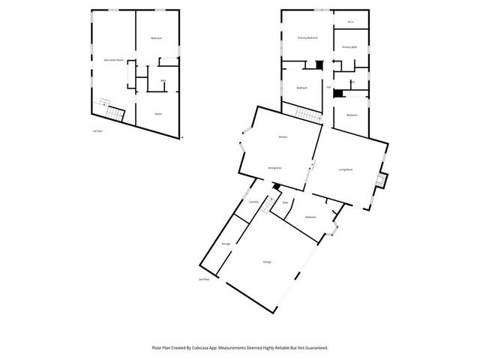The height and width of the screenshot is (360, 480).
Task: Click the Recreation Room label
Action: coord(113,58)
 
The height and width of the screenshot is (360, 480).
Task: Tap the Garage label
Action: coord(267,262)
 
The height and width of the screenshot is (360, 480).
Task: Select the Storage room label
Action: coord(226,244)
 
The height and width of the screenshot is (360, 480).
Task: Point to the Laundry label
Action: coord(253,202)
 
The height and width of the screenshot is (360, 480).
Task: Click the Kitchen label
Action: coord(283,137)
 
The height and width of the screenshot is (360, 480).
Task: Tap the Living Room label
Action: coord(346,169)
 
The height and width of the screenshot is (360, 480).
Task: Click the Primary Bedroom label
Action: coord(307,37)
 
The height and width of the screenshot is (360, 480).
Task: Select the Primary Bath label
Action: coord(349,47)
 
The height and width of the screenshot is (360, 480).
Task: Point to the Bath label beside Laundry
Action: coord(285,202)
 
